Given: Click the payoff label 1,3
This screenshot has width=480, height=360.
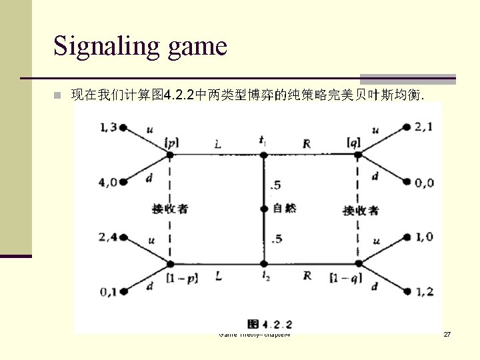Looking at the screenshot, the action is point(107,127).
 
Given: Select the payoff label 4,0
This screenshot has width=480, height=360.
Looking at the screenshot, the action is point(108,181).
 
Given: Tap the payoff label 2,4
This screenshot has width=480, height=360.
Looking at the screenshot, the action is point(108,237).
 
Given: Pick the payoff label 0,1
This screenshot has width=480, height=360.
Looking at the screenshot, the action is point(108,291).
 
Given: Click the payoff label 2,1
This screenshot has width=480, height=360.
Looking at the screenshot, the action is point(423,127).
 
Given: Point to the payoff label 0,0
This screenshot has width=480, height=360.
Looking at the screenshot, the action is point(423,181).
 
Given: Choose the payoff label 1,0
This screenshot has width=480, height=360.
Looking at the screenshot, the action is point(423,236).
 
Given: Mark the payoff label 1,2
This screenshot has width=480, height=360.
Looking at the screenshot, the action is point(423,291).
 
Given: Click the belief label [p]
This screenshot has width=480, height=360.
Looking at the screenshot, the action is point(171,143).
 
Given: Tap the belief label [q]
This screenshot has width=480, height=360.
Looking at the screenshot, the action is point(354,142).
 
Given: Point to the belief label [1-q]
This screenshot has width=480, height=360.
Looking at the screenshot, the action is point(345,277).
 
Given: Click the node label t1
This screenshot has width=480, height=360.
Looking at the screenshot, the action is point(263,140).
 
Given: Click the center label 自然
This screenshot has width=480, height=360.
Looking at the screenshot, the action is point(285,208).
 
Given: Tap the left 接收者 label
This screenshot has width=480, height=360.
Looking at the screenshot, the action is point(170,209).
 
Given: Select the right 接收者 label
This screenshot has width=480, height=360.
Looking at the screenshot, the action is point(361,210).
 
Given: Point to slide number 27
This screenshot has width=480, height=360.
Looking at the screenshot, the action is point(447,333).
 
